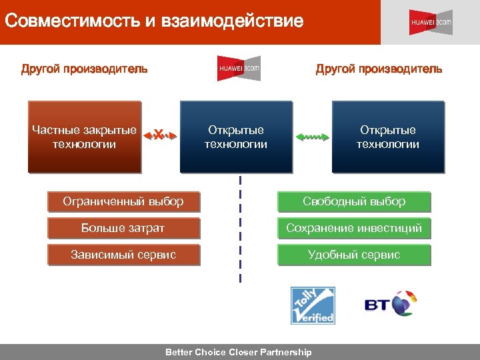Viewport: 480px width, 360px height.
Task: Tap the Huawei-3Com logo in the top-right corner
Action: point(430,22)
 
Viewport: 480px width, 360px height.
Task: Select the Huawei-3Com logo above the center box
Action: point(239,68)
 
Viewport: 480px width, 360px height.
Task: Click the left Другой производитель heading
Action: point(84,69)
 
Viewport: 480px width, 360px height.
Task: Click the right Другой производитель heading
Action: point(379,69)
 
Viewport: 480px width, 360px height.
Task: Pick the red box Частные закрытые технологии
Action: point(85,137)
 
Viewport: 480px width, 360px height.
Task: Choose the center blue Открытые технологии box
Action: point(236,137)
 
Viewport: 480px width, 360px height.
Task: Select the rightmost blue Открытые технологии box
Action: point(387,137)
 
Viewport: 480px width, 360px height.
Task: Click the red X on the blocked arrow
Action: point(159,135)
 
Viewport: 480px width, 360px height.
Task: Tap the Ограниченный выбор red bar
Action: point(123,201)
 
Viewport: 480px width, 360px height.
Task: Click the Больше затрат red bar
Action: point(123,228)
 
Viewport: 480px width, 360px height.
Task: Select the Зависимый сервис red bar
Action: point(123,255)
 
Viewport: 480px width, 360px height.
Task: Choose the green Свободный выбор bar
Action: point(354,201)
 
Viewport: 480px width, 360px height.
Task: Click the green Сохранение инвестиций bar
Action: point(354,228)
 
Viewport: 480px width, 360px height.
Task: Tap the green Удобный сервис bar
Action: point(354,255)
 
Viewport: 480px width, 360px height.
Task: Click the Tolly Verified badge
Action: point(313,305)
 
